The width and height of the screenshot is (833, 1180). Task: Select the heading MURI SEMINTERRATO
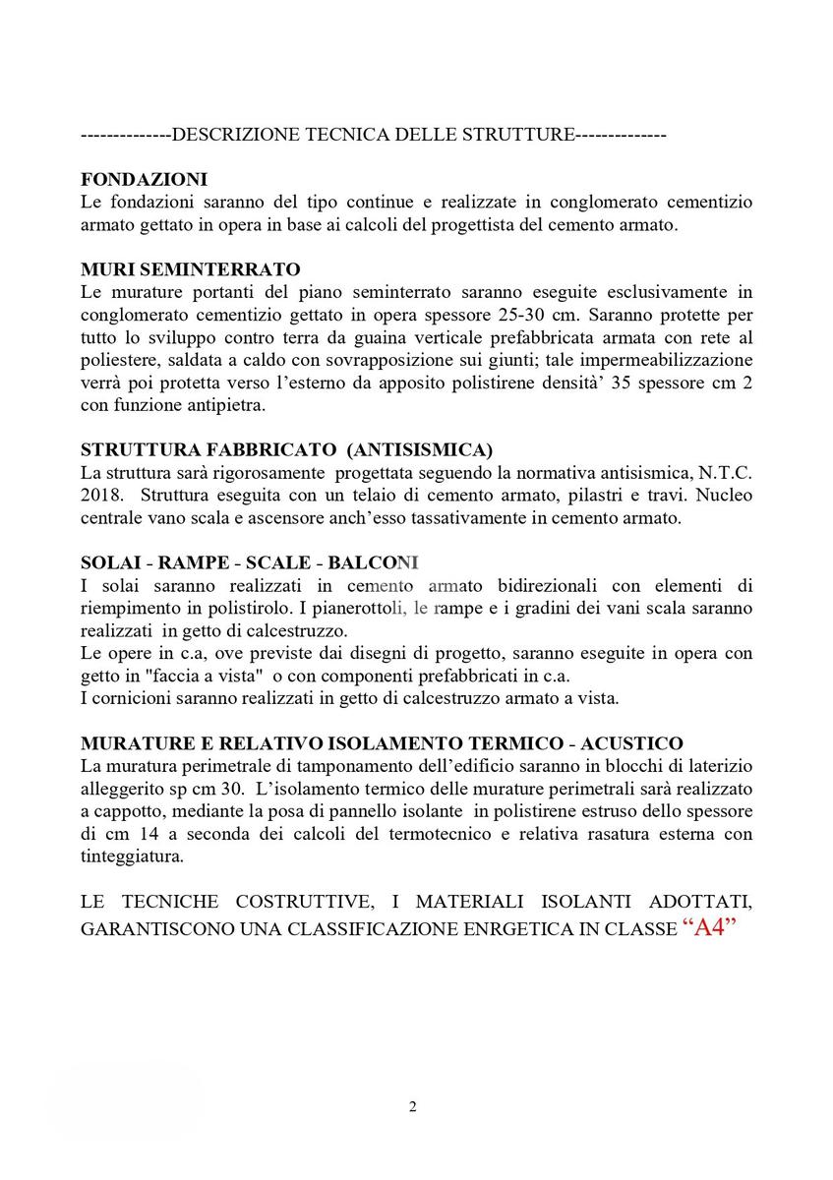tap(191, 268)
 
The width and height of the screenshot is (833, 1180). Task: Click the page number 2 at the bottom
tap(413, 1107)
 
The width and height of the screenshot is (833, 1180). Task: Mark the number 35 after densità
tap(622, 382)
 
